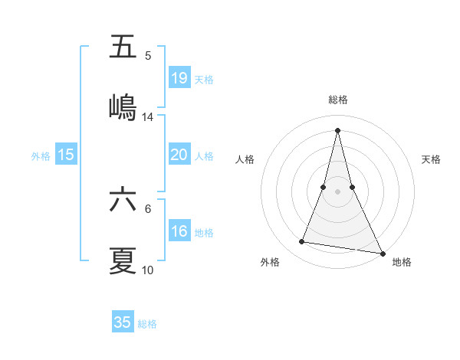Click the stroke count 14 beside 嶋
coord(148,117)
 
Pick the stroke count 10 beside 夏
coord(148,270)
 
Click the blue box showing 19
coord(179,77)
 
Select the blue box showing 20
coord(179,155)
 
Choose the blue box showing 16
coord(179,231)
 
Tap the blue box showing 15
coord(66,155)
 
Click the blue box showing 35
coord(123,322)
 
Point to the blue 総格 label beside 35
coord(147,324)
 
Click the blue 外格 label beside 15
coord(41,156)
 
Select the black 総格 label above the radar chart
coord(338,100)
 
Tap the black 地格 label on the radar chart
coord(402,263)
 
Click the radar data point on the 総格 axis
coord(337,129)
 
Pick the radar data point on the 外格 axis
coord(302,242)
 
